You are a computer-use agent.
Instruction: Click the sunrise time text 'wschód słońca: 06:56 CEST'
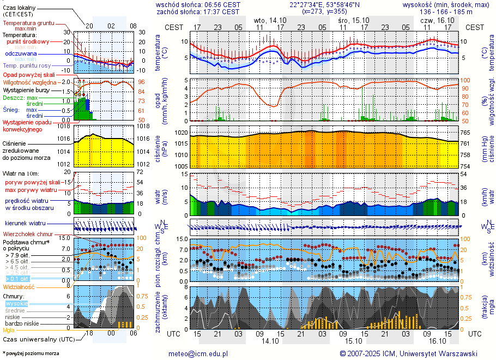coord(198,4)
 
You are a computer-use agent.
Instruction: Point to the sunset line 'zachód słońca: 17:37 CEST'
coord(198,11)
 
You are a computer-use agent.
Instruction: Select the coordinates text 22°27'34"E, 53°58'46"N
coord(325,4)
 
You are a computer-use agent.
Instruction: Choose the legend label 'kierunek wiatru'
coord(25,223)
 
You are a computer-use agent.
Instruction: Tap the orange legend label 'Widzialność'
coord(19,286)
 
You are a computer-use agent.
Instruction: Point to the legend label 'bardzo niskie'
coord(21,323)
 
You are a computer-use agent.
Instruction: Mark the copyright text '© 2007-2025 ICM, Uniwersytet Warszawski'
coord(408,353)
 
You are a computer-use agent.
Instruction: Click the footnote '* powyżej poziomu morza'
coord(31,353)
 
